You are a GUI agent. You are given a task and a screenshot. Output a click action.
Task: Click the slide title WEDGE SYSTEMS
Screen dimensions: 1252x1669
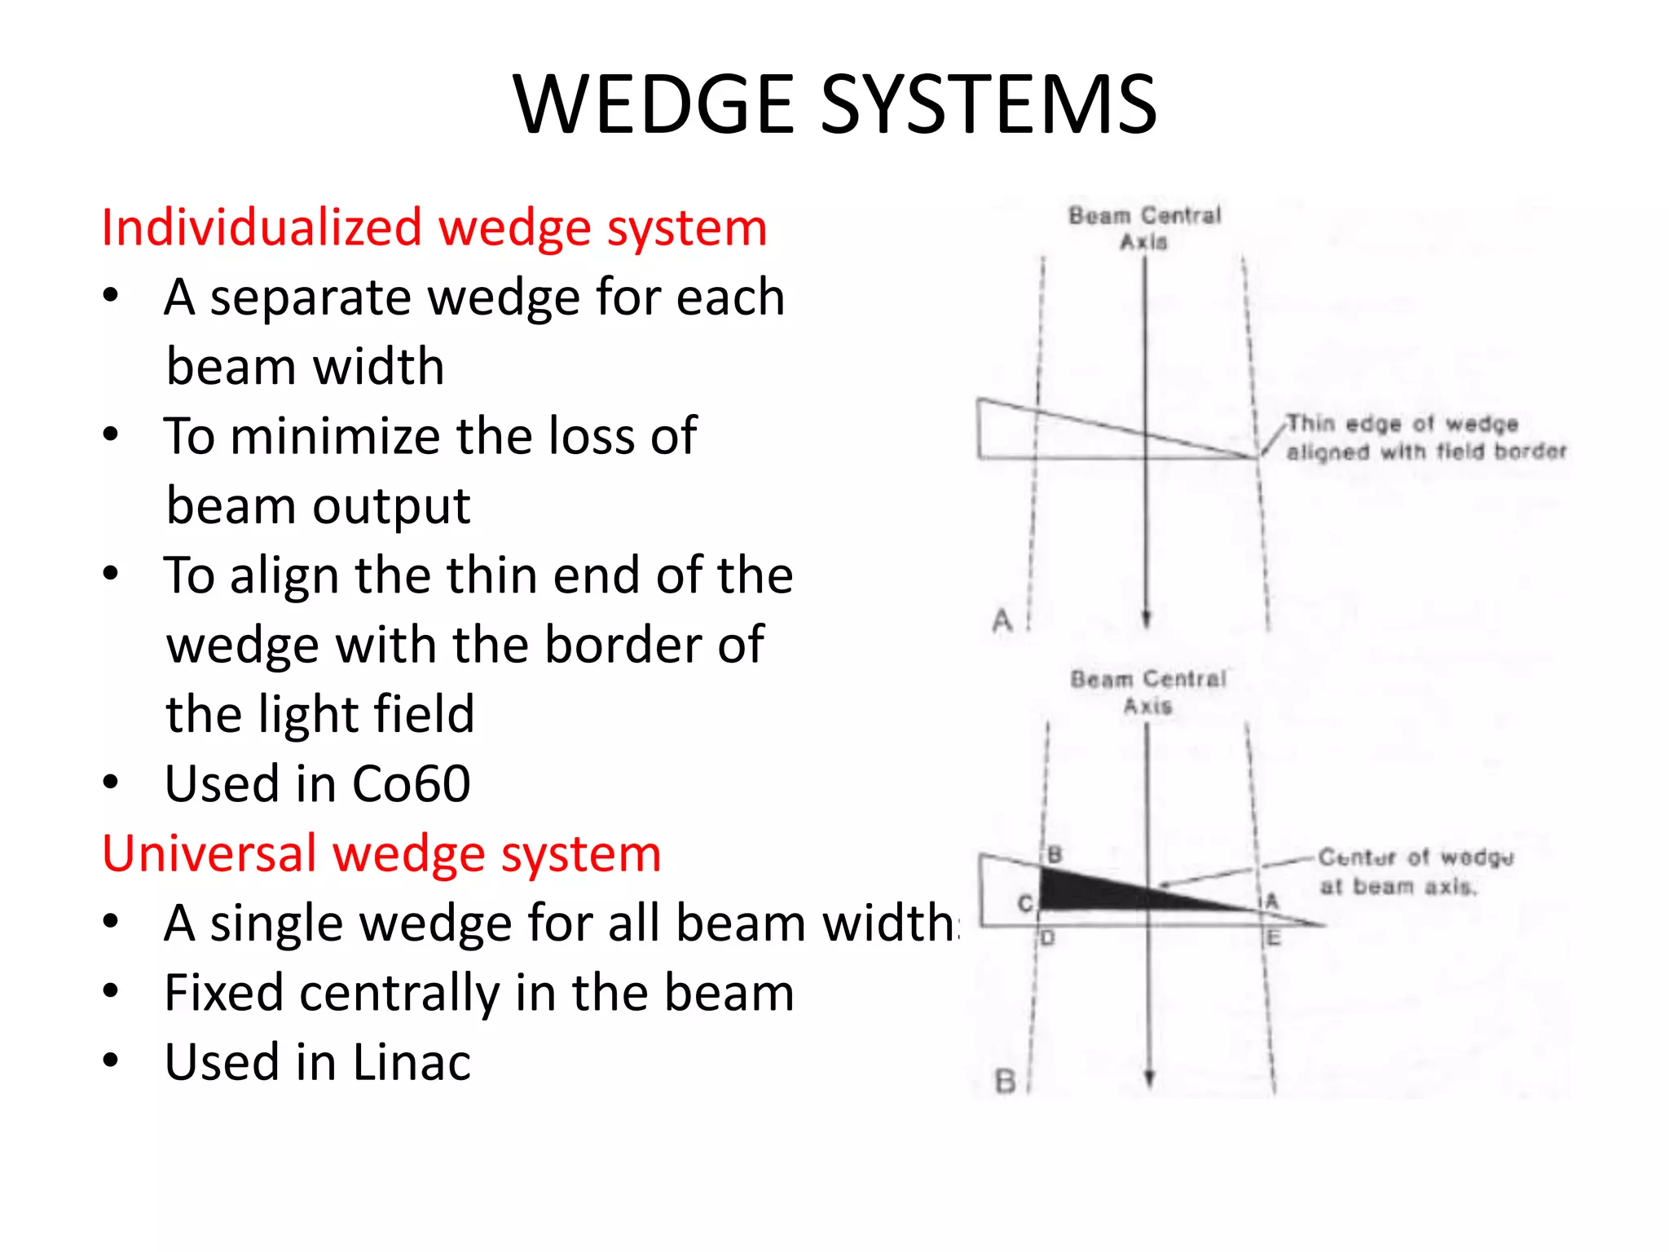[834, 104]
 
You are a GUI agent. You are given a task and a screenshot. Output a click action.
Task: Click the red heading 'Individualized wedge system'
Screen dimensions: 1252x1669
[434, 227]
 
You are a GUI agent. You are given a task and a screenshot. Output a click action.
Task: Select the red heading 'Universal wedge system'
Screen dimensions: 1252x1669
[381, 853]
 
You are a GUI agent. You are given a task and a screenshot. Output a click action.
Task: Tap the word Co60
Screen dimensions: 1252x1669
[412, 784]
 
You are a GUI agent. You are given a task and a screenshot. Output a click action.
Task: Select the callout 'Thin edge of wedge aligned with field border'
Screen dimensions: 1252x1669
[1425, 438]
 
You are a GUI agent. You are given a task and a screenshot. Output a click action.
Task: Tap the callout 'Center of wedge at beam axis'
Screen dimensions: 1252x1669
[1416, 871]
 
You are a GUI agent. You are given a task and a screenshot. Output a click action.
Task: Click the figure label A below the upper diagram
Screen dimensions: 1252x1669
[1002, 621]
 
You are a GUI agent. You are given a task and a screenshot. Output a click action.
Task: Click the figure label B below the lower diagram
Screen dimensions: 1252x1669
[1006, 1082]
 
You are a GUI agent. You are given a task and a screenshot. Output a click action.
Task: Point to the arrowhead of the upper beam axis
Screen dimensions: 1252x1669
[1146, 619]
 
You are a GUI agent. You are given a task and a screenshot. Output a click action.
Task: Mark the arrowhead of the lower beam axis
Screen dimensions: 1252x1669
[1149, 1078]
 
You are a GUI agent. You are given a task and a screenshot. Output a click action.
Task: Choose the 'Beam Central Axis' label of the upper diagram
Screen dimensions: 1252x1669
[1144, 228]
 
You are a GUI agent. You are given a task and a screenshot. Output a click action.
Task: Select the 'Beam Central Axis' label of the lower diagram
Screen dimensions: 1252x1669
[1147, 692]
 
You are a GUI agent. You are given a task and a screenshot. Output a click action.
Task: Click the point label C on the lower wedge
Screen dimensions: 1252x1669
[1025, 903]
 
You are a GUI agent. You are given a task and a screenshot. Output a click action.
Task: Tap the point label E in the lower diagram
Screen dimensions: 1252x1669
[1275, 938]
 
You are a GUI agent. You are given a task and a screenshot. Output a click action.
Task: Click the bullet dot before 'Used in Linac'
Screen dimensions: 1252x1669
[111, 1060]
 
